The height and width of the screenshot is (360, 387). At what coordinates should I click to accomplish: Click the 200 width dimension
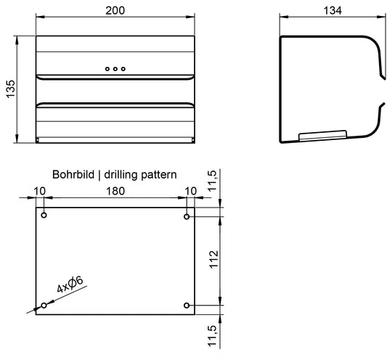coord(115,11)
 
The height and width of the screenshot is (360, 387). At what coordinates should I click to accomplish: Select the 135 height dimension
coord(11,89)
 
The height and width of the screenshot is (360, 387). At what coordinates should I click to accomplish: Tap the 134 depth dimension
coord(333,11)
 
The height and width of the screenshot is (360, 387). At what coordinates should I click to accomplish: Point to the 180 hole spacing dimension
coord(115,191)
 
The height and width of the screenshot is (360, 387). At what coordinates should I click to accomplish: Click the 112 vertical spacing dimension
coord(213,259)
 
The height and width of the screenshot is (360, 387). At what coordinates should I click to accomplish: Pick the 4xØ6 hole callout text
coord(70,285)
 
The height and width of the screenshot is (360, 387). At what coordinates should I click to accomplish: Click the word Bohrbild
coord(73,175)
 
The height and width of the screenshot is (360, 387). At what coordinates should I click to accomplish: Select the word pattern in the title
coord(159,175)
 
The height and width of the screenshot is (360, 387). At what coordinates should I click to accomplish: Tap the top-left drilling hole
coord(44,215)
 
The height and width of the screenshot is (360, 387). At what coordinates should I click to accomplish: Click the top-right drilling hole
coord(187,216)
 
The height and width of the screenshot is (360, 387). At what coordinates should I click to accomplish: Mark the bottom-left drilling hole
coord(44,306)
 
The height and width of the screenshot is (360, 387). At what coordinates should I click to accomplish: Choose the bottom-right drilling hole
coord(187,306)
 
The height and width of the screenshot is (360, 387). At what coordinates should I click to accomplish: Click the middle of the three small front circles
coord(115,69)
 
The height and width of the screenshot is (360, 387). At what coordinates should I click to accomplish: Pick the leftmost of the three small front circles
coord(107,69)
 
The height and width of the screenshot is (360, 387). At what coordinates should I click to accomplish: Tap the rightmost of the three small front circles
coord(123,69)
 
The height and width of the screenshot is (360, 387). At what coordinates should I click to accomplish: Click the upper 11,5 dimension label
coord(212,181)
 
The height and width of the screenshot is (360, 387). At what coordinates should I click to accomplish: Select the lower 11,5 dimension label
coord(212,336)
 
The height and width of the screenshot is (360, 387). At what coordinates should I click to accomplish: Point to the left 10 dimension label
coord(39,191)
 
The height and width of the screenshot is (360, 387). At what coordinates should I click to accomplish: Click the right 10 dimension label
coord(190,191)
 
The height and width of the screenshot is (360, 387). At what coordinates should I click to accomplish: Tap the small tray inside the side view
coord(322,136)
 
